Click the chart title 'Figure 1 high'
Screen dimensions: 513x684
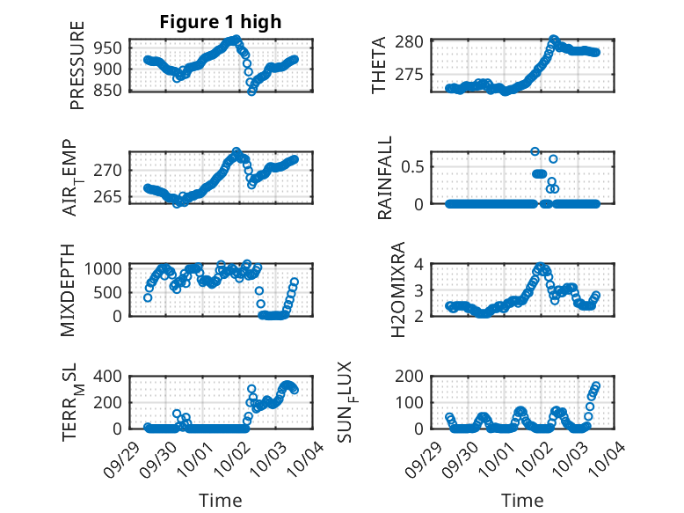pos(220,22)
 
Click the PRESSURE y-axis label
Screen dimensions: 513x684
pos(77,66)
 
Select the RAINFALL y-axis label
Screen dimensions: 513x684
pos(385,179)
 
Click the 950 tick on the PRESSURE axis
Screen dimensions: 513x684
pos(114,47)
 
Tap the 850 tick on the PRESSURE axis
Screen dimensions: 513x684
pos(114,89)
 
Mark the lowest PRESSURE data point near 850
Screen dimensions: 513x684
pos(252,91)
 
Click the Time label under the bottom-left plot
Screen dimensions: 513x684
pos(220,500)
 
